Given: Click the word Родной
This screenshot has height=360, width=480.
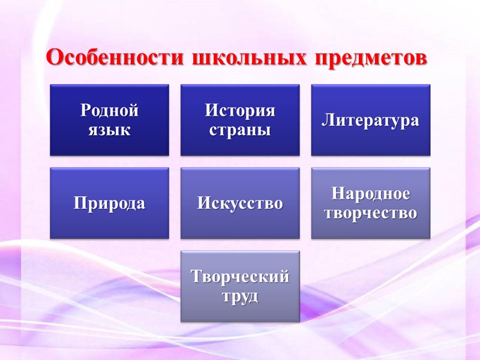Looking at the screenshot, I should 109,111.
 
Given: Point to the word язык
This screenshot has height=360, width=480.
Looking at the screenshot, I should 109,128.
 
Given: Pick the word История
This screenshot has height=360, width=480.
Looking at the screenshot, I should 240,111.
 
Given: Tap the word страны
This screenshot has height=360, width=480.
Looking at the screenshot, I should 240,129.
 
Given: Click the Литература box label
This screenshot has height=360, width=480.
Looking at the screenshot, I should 370,120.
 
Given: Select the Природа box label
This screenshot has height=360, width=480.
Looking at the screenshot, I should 109,203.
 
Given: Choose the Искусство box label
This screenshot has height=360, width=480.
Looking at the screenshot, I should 240,203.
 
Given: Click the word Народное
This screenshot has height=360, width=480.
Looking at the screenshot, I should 370,194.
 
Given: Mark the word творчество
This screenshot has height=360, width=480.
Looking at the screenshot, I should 370,212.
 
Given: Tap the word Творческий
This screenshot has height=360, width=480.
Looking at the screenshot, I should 240,277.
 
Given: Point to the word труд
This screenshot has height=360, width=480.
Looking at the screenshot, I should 240,295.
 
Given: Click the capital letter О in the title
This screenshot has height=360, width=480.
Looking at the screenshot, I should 55,58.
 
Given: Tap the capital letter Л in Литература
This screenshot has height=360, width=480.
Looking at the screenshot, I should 328,120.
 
